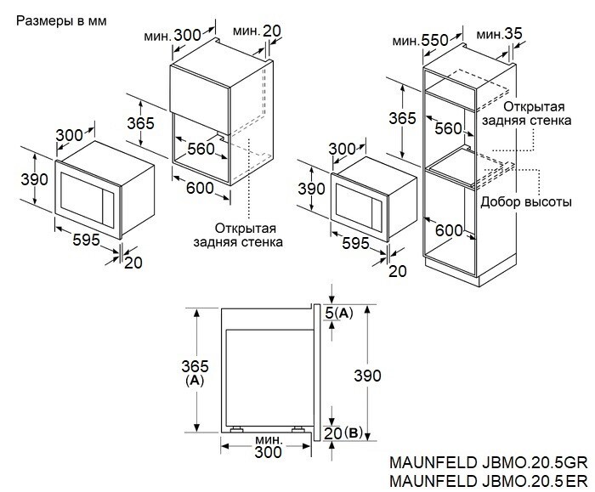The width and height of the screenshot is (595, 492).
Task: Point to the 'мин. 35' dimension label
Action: point(500,34)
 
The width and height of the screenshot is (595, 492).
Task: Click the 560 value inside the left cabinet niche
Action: point(201,149)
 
